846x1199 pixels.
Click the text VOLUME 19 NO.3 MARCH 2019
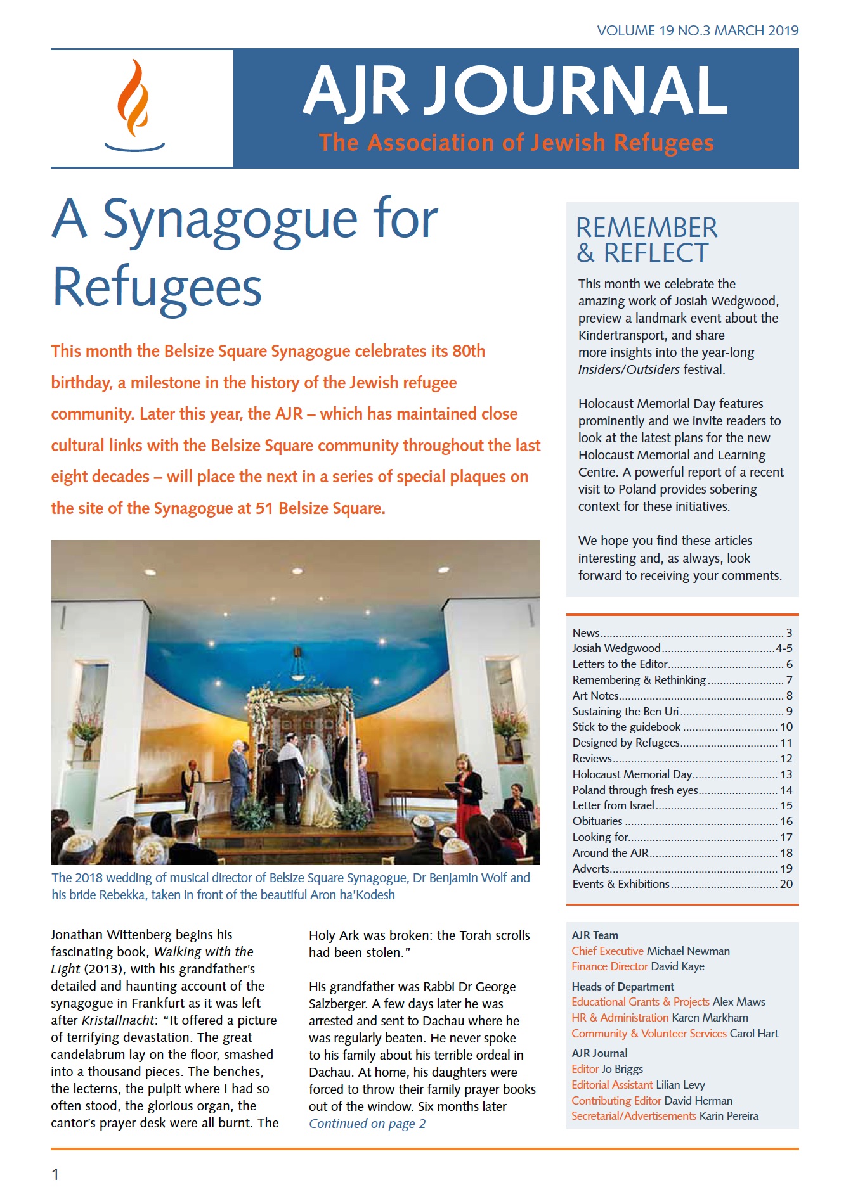[x=697, y=30]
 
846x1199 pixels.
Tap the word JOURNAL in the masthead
[x=574, y=91]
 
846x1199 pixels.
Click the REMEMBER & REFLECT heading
[x=646, y=240]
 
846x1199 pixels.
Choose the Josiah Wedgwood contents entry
[x=616, y=648]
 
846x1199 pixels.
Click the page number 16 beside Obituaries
[x=786, y=821]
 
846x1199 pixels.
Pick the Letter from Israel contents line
[x=613, y=805]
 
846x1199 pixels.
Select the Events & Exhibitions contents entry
[x=620, y=884]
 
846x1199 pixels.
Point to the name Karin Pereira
[x=729, y=1116]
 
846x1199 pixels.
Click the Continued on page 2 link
[x=367, y=1124]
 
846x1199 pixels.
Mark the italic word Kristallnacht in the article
[x=118, y=1020]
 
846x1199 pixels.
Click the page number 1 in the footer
[x=55, y=1174]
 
